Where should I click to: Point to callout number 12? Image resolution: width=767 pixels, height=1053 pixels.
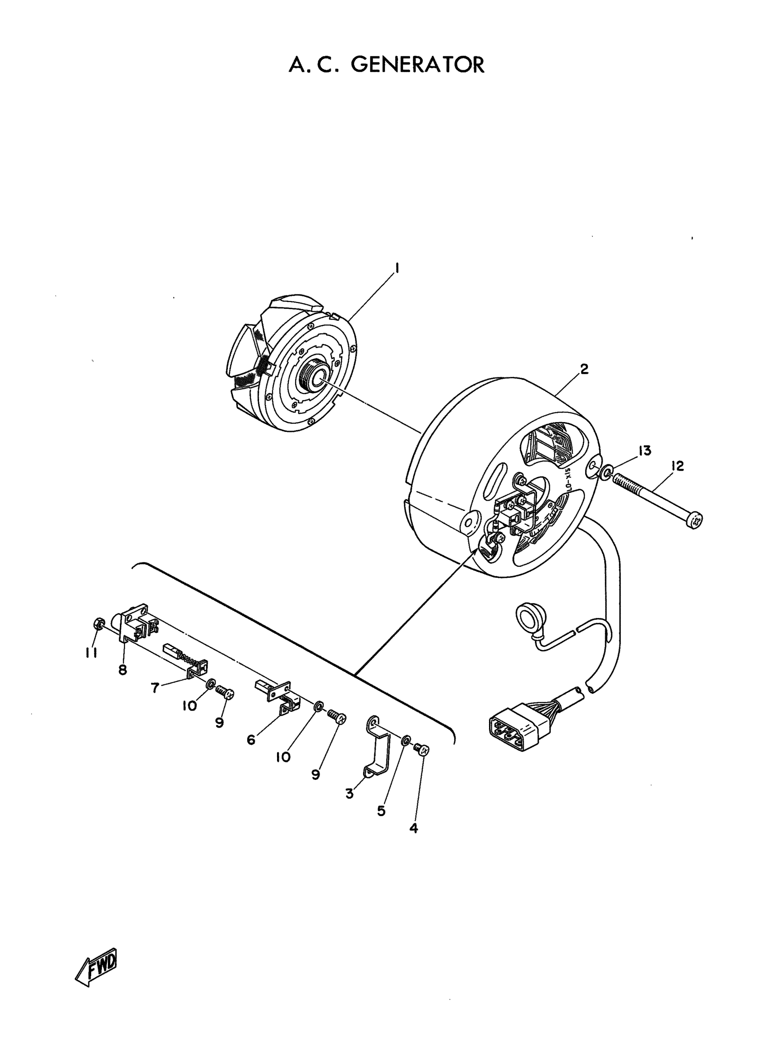(x=677, y=466)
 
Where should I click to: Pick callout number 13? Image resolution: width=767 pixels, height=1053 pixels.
(x=644, y=450)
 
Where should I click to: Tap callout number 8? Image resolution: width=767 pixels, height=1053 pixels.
(x=123, y=670)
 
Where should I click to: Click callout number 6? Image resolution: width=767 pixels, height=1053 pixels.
(x=251, y=740)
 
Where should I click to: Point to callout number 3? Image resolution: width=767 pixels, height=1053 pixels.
(x=349, y=794)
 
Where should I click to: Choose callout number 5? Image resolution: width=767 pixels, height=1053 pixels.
(x=381, y=811)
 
